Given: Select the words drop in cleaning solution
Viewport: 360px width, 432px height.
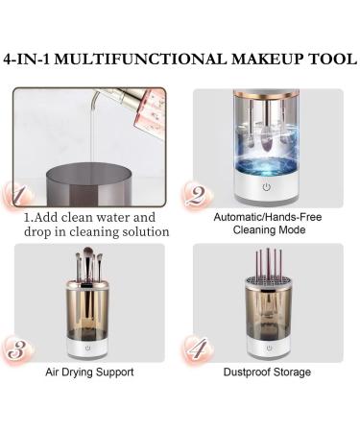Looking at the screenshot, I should (x=96, y=231).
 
